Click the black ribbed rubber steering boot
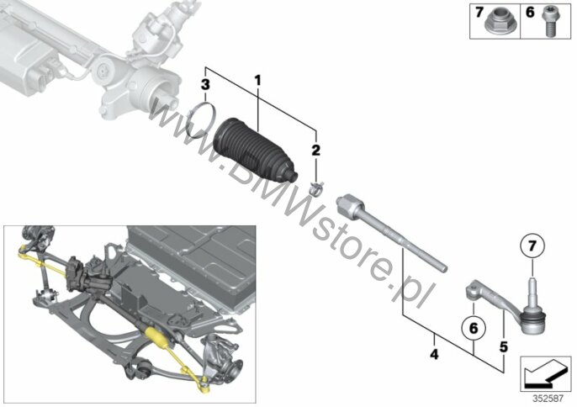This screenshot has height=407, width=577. (x=254, y=150)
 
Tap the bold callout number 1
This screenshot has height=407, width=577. (x=257, y=81)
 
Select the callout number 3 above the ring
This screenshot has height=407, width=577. (x=205, y=85)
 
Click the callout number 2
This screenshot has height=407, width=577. (x=315, y=151)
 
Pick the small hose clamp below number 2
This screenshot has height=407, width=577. (x=316, y=188)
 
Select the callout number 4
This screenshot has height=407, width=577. (x=434, y=355)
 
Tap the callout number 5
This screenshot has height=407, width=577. (x=503, y=346)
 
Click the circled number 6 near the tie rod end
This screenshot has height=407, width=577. (x=474, y=328)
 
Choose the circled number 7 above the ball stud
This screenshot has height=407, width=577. (x=532, y=246)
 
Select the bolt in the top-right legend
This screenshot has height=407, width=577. (x=548, y=22)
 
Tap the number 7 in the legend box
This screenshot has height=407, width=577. (x=479, y=13)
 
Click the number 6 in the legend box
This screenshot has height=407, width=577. (x=530, y=13)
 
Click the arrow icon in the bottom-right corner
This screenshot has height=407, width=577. (x=545, y=374)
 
